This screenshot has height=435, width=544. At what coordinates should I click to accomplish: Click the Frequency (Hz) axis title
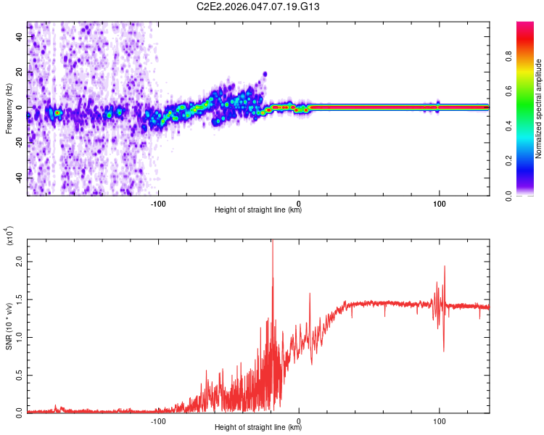pos(9,108)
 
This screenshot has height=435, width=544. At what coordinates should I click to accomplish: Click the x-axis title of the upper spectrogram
pos(258,210)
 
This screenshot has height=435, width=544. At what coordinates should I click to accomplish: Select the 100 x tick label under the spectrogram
pos(439,204)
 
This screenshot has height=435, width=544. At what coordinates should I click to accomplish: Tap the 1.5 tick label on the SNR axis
pos(18,299)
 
